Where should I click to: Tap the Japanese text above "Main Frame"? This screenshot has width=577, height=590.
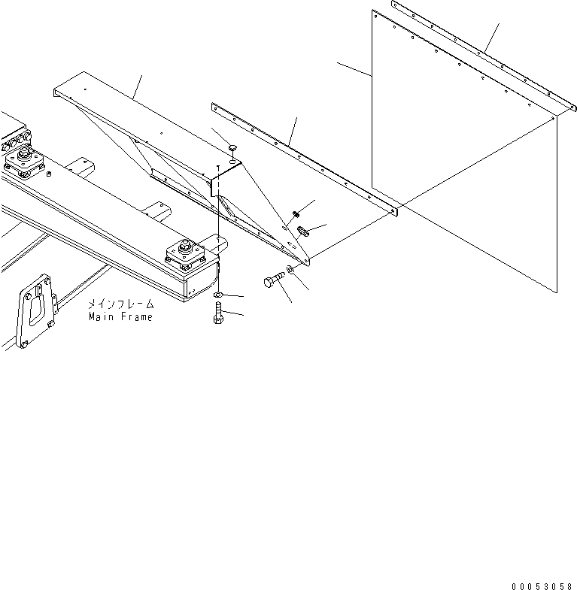(x=120, y=305)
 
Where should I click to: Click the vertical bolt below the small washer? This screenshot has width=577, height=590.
(x=218, y=313)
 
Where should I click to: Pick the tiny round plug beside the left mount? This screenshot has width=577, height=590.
(x=49, y=175)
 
